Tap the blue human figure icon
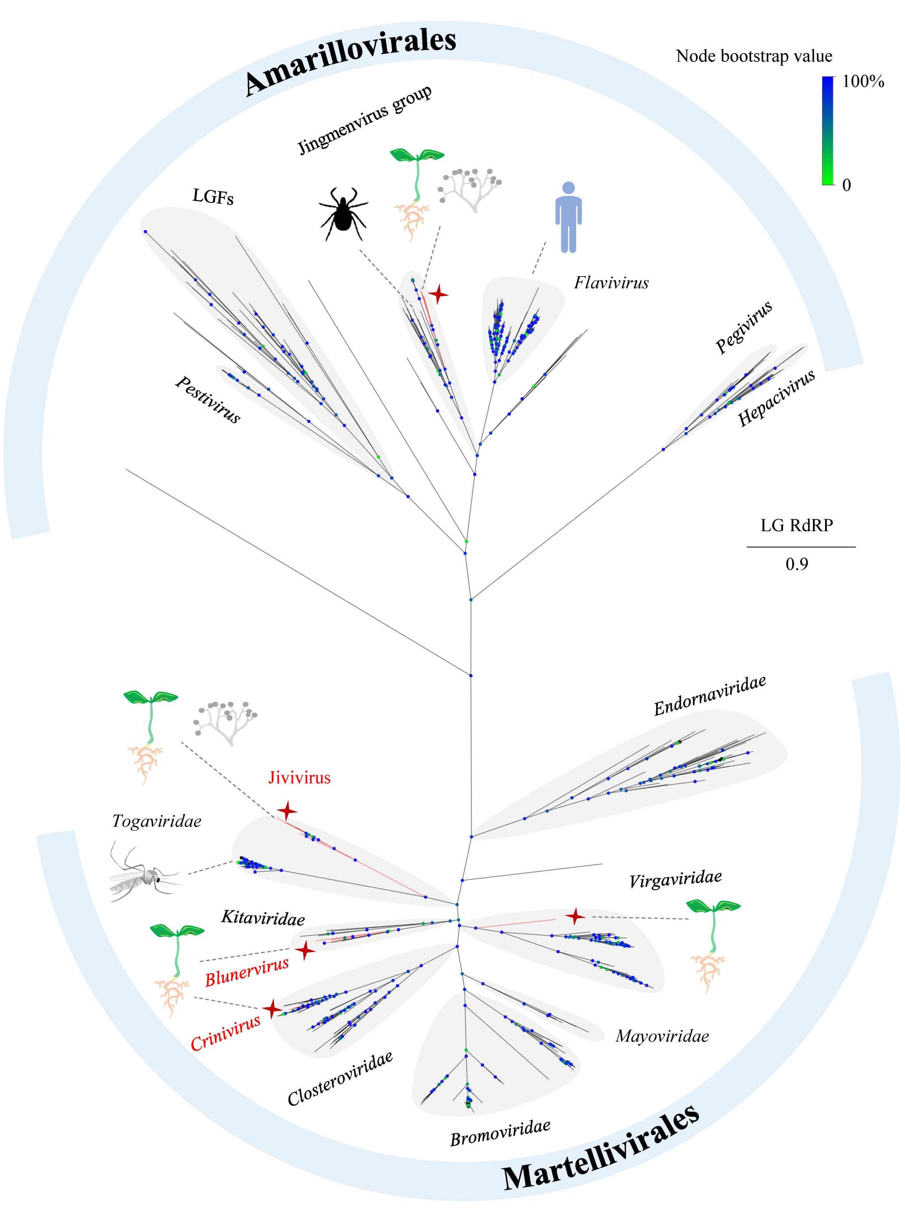(569, 217)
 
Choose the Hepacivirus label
(776, 398)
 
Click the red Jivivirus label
(299, 777)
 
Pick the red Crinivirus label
(226, 1032)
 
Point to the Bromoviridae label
(500, 1133)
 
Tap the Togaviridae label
(157, 821)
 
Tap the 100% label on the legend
(863, 82)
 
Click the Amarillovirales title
(350, 60)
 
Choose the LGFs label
(213, 197)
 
